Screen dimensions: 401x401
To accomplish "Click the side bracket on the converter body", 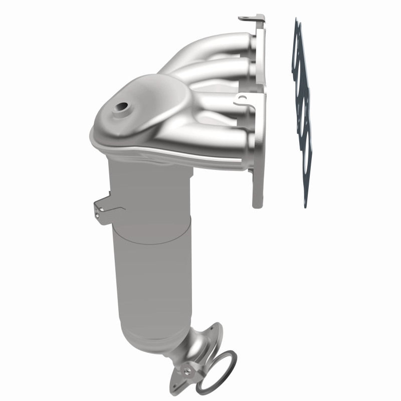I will (103, 205).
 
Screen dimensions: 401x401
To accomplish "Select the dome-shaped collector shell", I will (135, 115).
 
